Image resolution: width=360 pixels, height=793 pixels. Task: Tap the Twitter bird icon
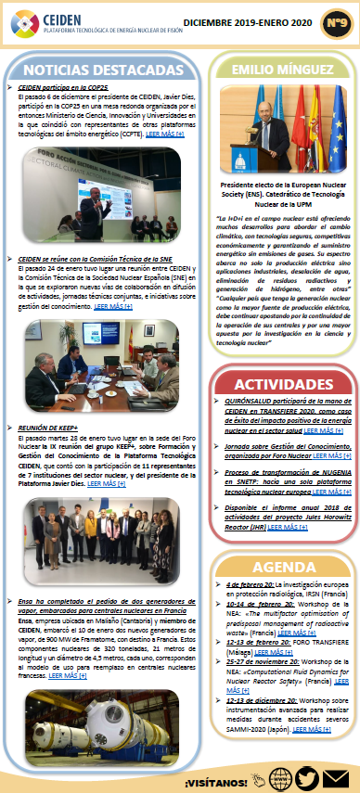coord(307,776)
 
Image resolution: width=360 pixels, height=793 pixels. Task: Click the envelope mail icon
coord(335,776)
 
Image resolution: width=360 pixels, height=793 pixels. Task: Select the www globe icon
coord(279,776)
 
